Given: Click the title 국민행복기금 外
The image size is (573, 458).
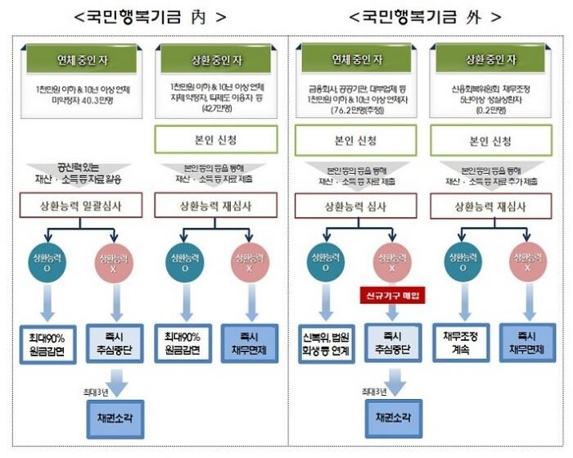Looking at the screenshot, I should point(426,16).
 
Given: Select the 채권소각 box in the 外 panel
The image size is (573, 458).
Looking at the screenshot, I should point(393,415).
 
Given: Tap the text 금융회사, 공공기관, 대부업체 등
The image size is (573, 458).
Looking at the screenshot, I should point(357,87).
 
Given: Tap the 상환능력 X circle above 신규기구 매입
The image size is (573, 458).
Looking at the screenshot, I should point(393,260).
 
